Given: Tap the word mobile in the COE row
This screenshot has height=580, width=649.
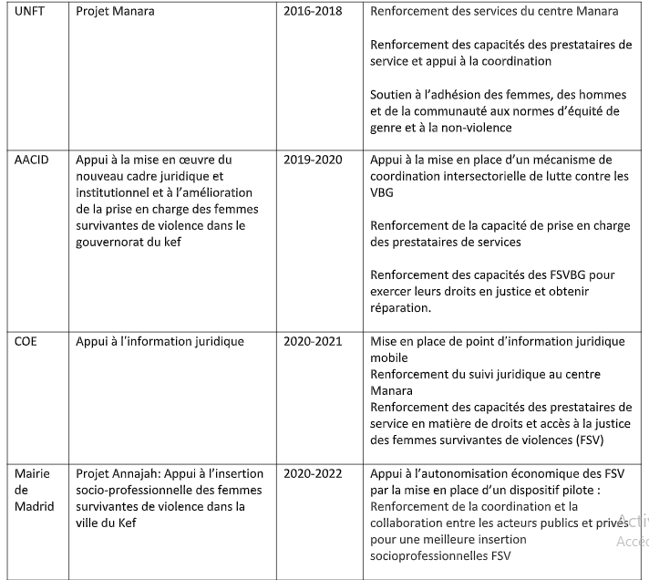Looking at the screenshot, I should pyautogui.click(x=389, y=358).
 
